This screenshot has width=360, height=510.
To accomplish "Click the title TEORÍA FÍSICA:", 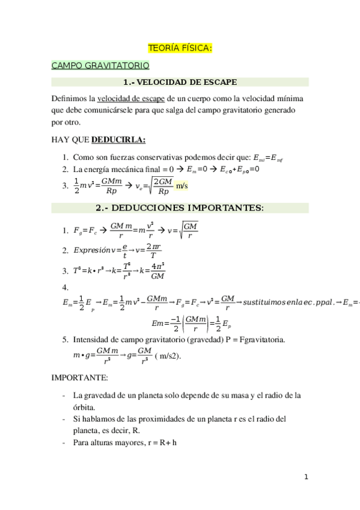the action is click(x=180, y=48).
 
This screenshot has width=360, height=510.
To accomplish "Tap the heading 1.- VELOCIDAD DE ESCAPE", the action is click(x=180, y=82).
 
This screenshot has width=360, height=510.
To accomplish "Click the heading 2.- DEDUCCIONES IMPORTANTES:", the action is click(x=180, y=208).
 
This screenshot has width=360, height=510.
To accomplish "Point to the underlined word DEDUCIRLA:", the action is click(x=118, y=140).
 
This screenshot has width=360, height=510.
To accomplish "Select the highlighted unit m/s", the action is click(x=182, y=186).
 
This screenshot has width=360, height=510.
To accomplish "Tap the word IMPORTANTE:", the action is click(x=79, y=378).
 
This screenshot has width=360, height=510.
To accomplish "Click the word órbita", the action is click(x=84, y=407).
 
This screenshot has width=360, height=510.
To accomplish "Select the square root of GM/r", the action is click(x=189, y=230).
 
